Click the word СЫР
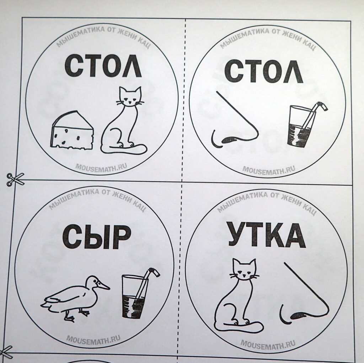pyautogui.click(x=97, y=237)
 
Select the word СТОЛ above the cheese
pyautogui.click(x=103, y=66)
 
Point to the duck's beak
pyautogui.click(x=103, y=285)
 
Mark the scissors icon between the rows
pyautogui.click(x=16, y=179)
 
